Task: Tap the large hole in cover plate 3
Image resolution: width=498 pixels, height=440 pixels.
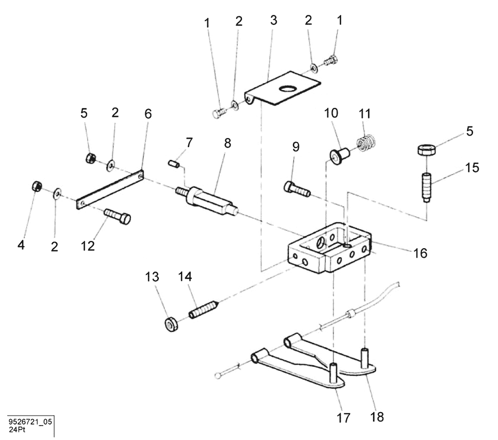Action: [x=288, y=88]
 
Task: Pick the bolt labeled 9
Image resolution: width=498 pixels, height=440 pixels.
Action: [x=297, y=189]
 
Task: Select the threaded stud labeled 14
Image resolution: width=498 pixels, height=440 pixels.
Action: [x=203, y=310]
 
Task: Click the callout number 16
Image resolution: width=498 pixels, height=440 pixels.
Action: [x=420, y=253]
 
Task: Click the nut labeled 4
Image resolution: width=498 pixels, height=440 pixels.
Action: [x=35, y=186]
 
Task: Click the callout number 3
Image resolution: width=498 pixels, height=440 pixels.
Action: [x=273, y=20]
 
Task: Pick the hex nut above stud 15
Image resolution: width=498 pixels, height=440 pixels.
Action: [x=427, y=149]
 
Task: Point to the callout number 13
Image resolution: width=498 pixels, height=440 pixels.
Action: [x=152, y=277]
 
